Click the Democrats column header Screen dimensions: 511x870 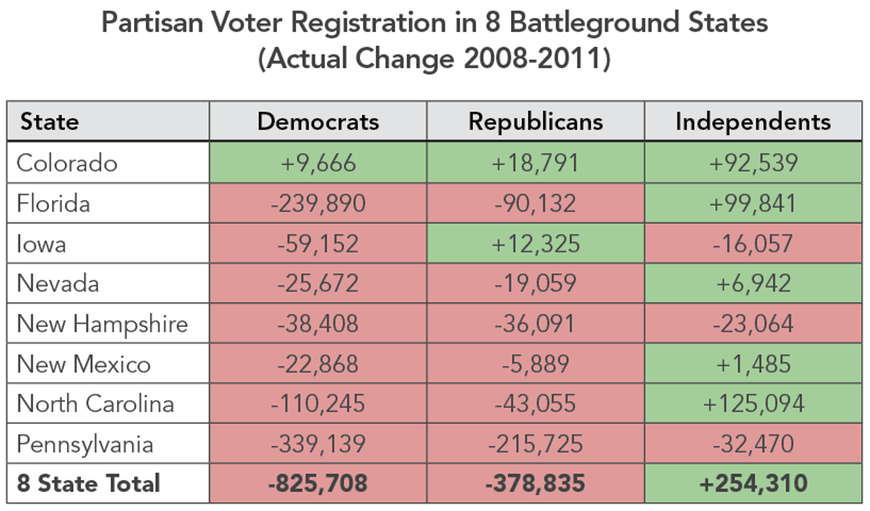tap(318, 122)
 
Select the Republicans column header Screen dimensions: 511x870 tap(536, 122)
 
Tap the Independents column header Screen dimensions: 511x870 tap(753, 122)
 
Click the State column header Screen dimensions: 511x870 tap(49, 122)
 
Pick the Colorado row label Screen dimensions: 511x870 tap(67, 163)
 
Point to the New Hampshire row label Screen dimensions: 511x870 tap(102, 324)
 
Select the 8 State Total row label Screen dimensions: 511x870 tap(88, 483)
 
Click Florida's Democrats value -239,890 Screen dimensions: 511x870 tap(318, 203)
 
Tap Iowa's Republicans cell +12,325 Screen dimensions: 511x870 tap(536, 243)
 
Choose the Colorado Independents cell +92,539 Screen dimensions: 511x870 tap(753, 163)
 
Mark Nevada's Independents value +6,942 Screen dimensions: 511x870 tap(753, 283)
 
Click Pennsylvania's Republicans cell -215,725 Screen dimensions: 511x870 tap(536, 444)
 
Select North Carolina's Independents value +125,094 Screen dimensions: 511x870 tap(753, 404)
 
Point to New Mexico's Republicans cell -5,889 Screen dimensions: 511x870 tap(536, 364)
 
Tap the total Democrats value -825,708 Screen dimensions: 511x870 tap(318, 483)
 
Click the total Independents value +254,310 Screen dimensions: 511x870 tap(753, 483)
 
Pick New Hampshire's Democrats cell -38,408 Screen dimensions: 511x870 tap(318, 324)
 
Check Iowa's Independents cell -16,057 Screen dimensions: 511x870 tap(753, 243)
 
